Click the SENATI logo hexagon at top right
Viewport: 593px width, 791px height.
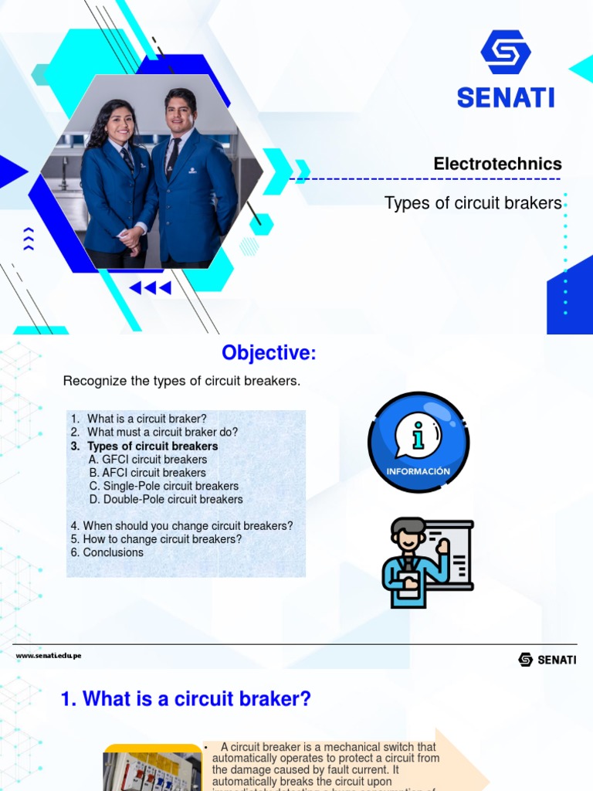505,53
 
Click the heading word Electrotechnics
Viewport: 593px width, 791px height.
497,164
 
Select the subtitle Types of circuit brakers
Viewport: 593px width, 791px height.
473,203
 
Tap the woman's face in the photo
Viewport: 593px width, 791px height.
121,124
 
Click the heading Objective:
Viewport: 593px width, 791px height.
269,353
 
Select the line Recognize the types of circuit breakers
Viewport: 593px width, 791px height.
181,381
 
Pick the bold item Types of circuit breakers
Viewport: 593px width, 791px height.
152,446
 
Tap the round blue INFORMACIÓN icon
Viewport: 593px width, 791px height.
418,442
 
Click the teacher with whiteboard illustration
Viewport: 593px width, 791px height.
426,562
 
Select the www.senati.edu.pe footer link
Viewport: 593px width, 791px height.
49,656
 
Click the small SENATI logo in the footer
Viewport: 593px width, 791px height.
547,660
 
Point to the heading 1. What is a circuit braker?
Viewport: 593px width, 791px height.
185,699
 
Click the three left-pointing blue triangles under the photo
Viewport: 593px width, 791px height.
150,288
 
